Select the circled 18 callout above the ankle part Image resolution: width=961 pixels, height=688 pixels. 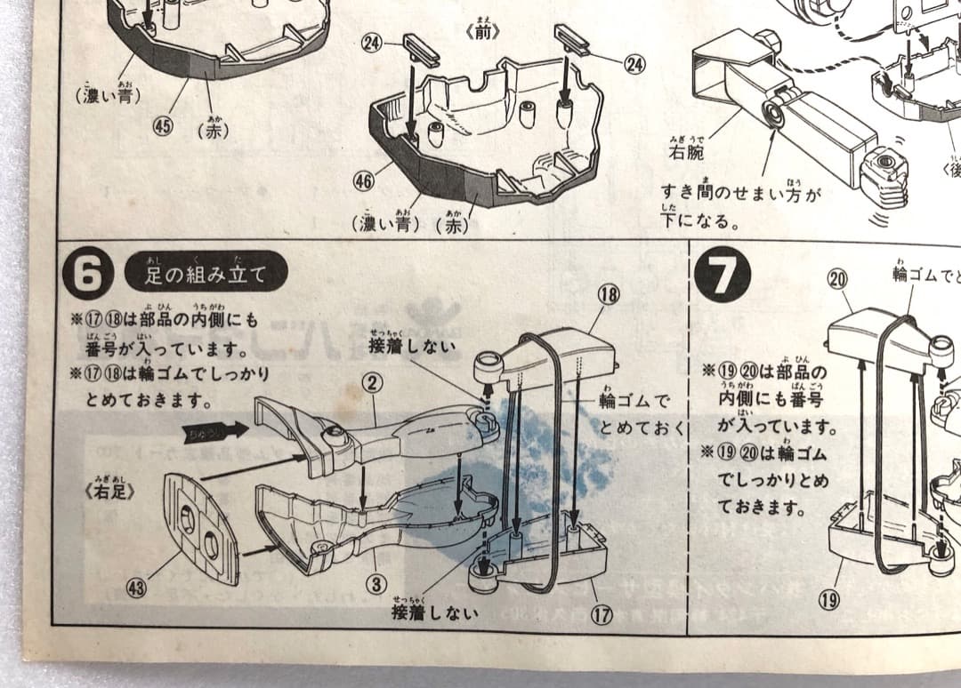point(609,296)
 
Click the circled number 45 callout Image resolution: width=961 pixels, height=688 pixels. point(162,125)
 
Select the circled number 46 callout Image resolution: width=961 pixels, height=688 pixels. point(362,180)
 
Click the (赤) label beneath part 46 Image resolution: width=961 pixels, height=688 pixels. point(451,225)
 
